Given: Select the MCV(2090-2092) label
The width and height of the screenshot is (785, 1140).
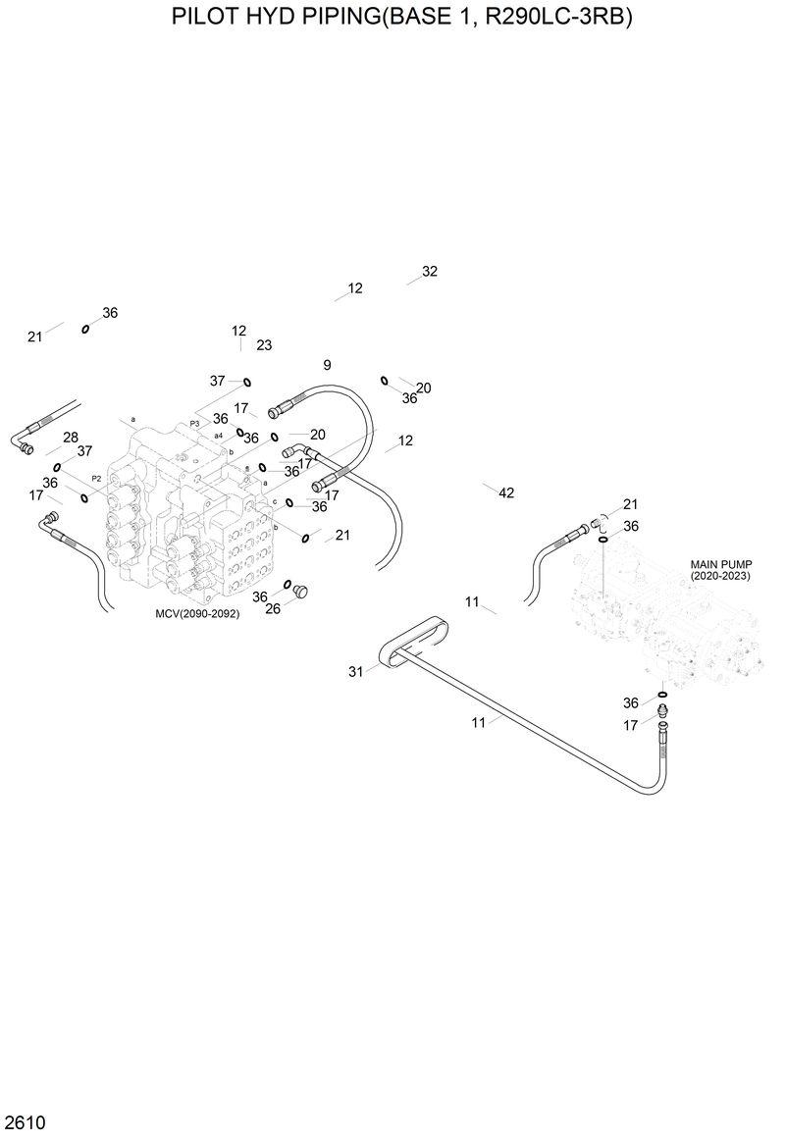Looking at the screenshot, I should click(x=197, y=613).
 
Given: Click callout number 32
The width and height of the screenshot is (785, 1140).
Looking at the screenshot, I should click(x=429, y=272).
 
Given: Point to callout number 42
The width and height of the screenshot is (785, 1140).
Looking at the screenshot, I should click(x=506, y=492).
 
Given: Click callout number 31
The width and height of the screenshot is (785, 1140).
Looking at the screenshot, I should click(x=355, y=671).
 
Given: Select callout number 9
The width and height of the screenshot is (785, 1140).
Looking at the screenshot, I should click(x=327, y=365).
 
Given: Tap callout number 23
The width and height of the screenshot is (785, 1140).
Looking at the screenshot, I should click(x=264, y=345).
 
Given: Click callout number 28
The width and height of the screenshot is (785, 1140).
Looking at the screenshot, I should click(x=71, y=438).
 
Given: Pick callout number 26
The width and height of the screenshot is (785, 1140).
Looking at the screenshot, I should click(x=273, y=608).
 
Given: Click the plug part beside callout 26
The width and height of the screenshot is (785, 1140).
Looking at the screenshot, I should click(x=300, y=592).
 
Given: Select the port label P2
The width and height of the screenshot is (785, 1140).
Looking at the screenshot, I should click(x=96, y=478).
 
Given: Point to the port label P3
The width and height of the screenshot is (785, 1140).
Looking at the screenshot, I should click(x=194, y=423).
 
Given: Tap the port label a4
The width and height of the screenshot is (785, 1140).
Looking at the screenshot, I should click(x=217, y=435).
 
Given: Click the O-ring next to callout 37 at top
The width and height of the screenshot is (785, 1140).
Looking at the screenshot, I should click(x=247, y=382).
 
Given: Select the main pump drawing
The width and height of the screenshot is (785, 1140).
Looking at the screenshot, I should click(x=667, y=618).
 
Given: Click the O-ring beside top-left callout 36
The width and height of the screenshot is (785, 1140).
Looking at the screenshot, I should click(x=86, y=329).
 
